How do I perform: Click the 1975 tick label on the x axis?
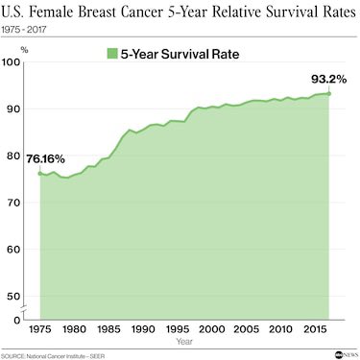pyautogui.click(x=40, y=328)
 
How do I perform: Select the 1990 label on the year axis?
pyautogui.click(x=143, y=328)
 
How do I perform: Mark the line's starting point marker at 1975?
pyautogui.click(x=40, y=174)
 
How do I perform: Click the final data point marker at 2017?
pyautogui.click(x=329, y=93)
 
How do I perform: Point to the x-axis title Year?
pyautogui.click(x=183, y=341)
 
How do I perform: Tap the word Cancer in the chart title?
pyautogui.click(x=163, y=12)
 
